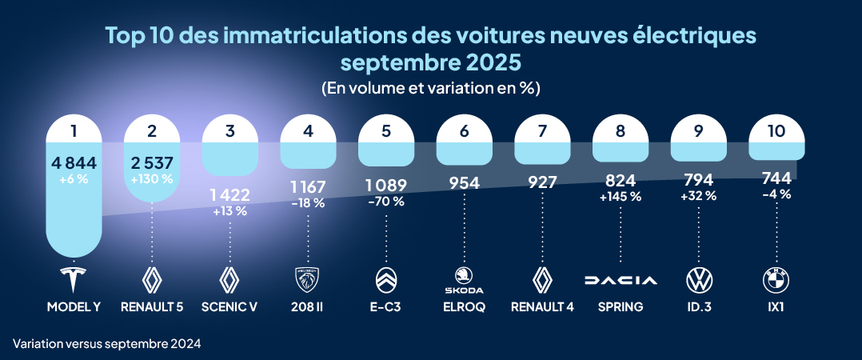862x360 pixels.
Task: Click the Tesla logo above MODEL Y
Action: coord(74,280)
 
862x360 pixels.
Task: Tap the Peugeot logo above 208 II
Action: coord(308,280)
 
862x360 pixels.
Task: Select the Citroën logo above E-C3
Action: coord(385,280)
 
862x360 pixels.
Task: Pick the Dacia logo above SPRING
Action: coord(621,280)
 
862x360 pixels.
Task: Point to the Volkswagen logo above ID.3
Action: coord(699,280)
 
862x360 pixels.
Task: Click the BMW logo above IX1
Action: coord(776,280)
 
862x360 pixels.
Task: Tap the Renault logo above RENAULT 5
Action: coord(152,280)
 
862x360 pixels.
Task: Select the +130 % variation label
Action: coord(152,178)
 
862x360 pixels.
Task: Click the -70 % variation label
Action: coord(386,202)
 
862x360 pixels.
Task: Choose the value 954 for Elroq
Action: coord(464,183)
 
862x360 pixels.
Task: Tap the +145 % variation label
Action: coord(621,197)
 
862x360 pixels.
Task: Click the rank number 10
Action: coord(776,132)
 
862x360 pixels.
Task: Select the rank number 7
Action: coord(542,132)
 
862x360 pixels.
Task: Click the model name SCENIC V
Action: coord(230,306)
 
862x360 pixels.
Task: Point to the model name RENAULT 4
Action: coord(542,306)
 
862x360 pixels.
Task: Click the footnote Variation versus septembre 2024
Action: coord(106,343)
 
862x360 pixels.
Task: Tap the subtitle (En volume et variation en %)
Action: coord(430,88)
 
